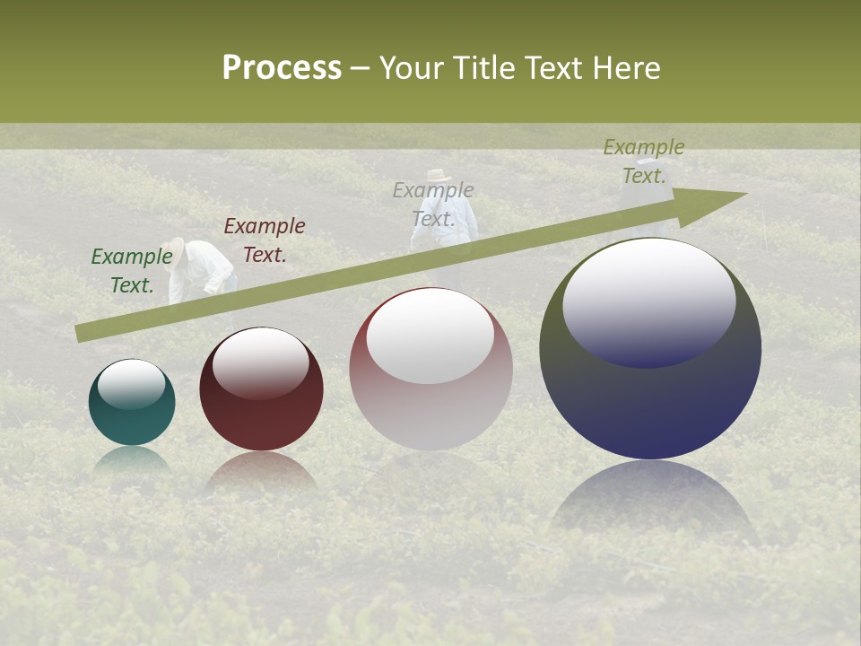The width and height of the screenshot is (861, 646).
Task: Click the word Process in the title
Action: pyautogui.click(x=282, y=68)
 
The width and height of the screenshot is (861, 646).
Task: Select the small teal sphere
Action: pyautogui.click(x=132, y=402)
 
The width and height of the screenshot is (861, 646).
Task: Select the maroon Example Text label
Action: pyautogui.click(x=265, y=240)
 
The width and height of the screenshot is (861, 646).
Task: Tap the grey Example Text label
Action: pyautogui.click(x=433, y=205)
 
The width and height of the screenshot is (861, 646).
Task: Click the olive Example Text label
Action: pyautogui.click(x=644, y=161)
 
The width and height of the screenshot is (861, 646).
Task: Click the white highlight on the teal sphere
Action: pyautogui.click(x=131, y=384)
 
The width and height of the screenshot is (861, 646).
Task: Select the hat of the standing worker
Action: pyautogui.click(x=439, y=174)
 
